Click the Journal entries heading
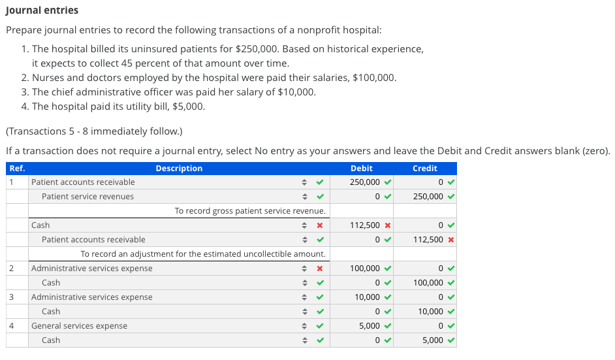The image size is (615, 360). (x=42, y=10)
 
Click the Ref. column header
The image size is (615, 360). (x=17, y=169)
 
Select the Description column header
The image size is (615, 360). (x=179, y=169)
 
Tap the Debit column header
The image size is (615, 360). (x=361, y=169)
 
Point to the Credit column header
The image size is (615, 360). (x=425, y=169)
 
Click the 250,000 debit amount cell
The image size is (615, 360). (x=365, y=182)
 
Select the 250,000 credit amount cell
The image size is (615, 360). (x=428, y=196)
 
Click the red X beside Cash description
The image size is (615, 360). (x=320, y=225)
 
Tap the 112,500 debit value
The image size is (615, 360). (x=365, y=225)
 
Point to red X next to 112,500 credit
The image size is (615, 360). (x=451, y=240)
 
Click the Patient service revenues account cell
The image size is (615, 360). (x=88, y=196)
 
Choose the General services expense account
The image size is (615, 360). (x=79, y=326)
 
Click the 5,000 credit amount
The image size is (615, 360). (x=433, y=340)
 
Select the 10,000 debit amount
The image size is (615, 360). (x=367, y=297)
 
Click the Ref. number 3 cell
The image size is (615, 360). (x=11, y=297)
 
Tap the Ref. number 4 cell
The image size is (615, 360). (x=11, y=326)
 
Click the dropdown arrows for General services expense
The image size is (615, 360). (x=304, y=326)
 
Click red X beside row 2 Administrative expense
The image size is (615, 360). (x=320, y=269)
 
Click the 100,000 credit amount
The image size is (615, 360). (x=428, y=283)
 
